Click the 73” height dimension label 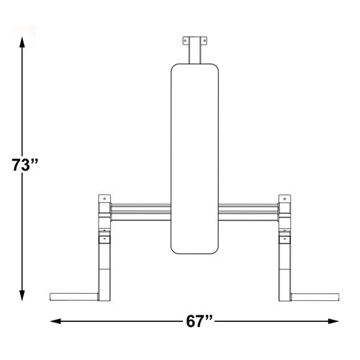[x=25, y=165]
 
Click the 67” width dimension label [x=199, y=321]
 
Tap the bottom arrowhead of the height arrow [x=22, y=295]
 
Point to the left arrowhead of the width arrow [x=55, y=321]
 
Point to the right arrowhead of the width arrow [x=333, y=321]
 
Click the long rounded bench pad [x=194, y=158]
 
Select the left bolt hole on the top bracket [x=185, y=41]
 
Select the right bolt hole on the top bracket [x=204, y=41]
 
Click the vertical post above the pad [x=194, y=50]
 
